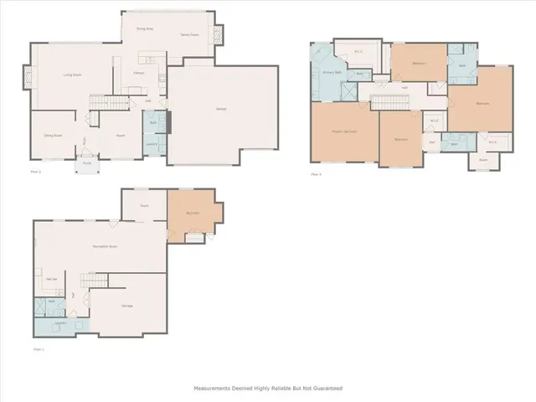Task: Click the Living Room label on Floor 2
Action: tap(72, 75)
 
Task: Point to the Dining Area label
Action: tap(145, 28)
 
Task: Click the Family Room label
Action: tap(189, 34)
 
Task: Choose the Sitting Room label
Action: tap(54, 134)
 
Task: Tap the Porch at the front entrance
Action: tap(85, 163)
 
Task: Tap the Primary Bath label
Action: tap(332, 73)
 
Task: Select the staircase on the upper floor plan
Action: tap(389, 103)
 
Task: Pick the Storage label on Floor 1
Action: tap(127, 306)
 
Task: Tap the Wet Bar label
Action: tap(51, 278)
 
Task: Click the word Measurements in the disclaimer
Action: tap(214, 388)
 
